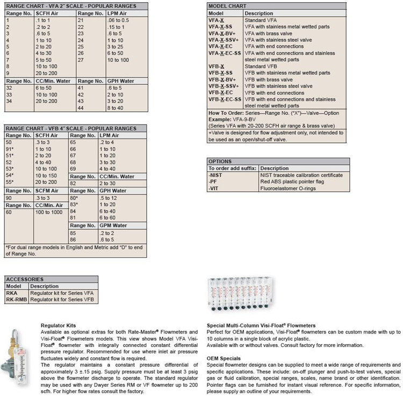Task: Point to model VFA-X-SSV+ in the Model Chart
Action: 224,40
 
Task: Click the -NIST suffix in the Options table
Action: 217,175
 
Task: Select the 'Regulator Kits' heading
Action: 59,325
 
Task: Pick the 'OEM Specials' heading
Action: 225,358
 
